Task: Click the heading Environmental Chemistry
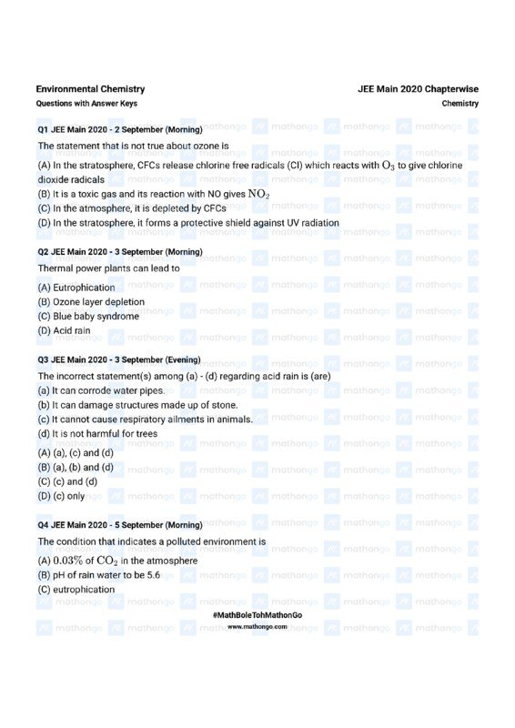click(90, 89)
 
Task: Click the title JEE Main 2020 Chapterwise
click(418, 89)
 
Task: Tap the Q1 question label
click(43, 130)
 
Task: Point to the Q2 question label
click(43, 251)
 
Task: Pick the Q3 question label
click(43, 359)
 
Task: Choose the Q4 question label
click(43, 525)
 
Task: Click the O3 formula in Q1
click(388, 165)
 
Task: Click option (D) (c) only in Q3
click(61, 497)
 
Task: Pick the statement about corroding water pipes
click(101, 390)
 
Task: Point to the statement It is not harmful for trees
click(97, 434)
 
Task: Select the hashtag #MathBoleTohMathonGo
click(257, 615)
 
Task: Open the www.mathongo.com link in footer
click(257, 627)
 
